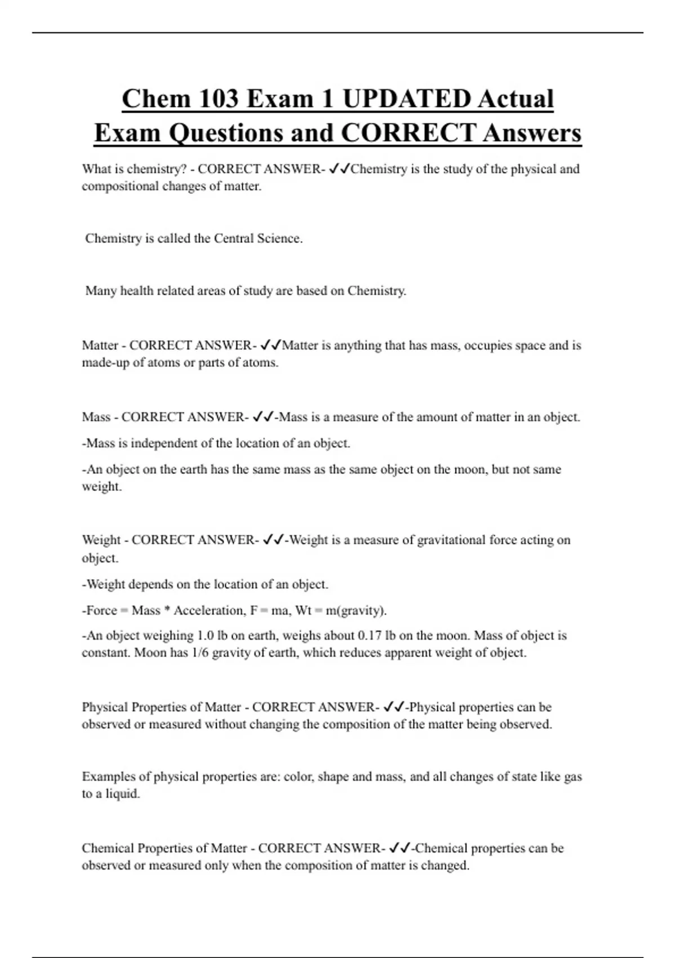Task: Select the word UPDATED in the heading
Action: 406,99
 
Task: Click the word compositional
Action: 120,187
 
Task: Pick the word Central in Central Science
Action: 234,238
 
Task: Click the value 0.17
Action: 370,636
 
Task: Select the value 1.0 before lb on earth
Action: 205,636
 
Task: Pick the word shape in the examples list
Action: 333,777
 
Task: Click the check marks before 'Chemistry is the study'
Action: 339,168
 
